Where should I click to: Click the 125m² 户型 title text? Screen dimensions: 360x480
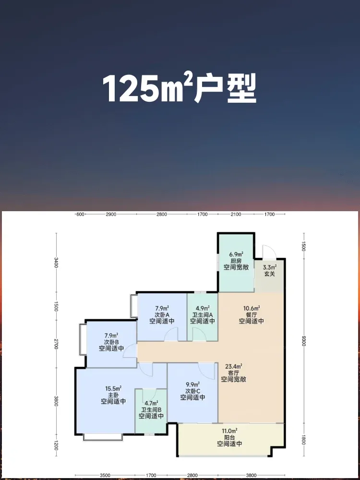pos(180,88)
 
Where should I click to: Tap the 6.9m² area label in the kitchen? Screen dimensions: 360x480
pos(236,254)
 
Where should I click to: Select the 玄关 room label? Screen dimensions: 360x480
pos(270,274)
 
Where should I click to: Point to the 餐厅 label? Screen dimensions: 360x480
pos(252,314)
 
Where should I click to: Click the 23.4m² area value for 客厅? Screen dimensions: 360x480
pos(234,366)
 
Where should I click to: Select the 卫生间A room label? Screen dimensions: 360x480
pos(203,314)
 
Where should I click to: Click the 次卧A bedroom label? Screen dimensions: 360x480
pos(162,314)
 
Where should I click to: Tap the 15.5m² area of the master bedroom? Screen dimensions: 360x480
pos(113,388)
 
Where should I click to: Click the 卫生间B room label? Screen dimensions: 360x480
pos(151,409)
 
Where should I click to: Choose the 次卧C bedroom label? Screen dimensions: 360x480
pos(192,391)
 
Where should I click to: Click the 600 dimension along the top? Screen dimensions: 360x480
pos(80,214)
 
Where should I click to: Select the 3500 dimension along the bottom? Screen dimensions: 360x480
pos(105,475)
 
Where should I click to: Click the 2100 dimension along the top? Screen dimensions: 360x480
pos(236,214)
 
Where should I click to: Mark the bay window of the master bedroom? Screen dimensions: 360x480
pos(103,437)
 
